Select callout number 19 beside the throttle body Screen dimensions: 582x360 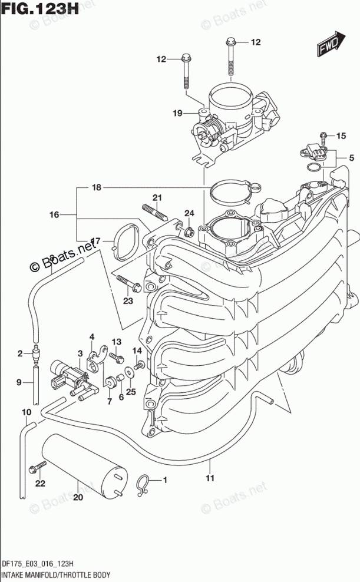(x=177, y=114)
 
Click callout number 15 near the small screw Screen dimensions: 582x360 (x=340, y=136)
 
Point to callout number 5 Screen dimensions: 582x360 (x=351, y=157)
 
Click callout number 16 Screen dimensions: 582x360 (x=54, y=216)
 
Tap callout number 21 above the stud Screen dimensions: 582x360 (x=157, y=197)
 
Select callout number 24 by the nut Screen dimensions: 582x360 (x=189, y=213)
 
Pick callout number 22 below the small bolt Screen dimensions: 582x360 (x=39, y=484)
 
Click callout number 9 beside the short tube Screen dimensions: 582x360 (x=19, y=382)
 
